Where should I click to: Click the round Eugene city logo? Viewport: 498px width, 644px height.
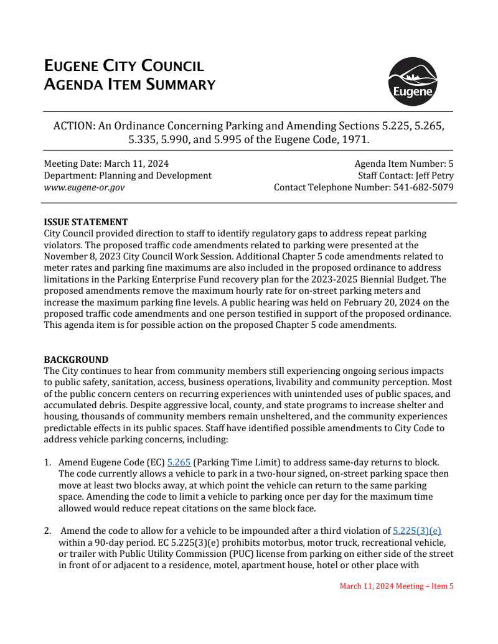(x=412, y=82)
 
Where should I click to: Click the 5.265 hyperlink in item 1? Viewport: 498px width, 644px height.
(x=179, y=463)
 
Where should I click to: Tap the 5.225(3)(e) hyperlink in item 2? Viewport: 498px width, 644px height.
(x=417, y=531)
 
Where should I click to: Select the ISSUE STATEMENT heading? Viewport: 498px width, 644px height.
(x=86, y=222)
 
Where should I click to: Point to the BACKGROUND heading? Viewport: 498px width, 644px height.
(x=76, y=360)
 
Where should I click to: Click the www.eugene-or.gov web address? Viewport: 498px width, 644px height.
(x=84, y=187)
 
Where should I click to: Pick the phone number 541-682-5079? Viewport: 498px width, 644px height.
(x=423, y=187)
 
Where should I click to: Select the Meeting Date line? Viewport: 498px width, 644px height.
(x=106, y=164)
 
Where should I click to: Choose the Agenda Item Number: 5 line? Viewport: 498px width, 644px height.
(x=404, y=164)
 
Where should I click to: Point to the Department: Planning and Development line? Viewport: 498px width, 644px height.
(x=128, y=175)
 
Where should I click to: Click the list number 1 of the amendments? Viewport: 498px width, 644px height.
(x=47, y=463)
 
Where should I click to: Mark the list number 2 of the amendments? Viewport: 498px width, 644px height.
(x=47, y=531)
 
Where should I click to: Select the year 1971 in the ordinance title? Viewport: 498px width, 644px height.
(x=355, y=140)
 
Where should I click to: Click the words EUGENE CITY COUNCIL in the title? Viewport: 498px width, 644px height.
(x=124, y=67)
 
